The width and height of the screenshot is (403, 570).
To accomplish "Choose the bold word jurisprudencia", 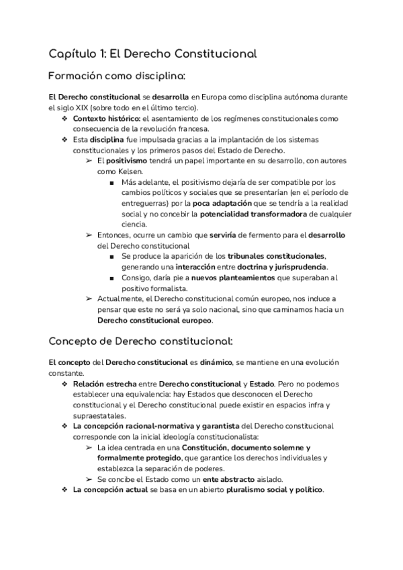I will click(x=296, y=267).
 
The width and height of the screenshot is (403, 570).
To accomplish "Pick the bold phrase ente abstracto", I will click(x=226, y=479).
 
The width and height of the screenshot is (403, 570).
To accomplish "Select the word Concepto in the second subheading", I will click(x=73, y=341).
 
